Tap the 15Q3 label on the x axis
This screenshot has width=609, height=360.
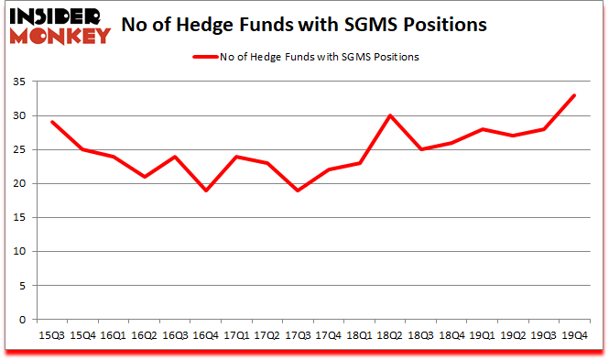[51, 336]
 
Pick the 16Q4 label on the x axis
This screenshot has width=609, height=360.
[206, 336]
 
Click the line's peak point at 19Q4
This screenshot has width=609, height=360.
[575, 95]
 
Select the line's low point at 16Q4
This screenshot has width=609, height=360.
[206, 191]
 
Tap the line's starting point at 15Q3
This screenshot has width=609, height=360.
[52, 122]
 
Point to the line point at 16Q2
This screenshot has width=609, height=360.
[145, 177]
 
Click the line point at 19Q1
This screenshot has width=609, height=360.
[483, 129]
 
